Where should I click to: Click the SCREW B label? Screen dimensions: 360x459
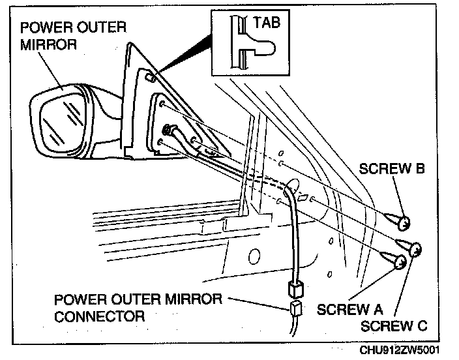392,170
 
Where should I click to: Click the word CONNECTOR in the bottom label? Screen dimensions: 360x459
100,316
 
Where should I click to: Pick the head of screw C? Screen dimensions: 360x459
414,249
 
